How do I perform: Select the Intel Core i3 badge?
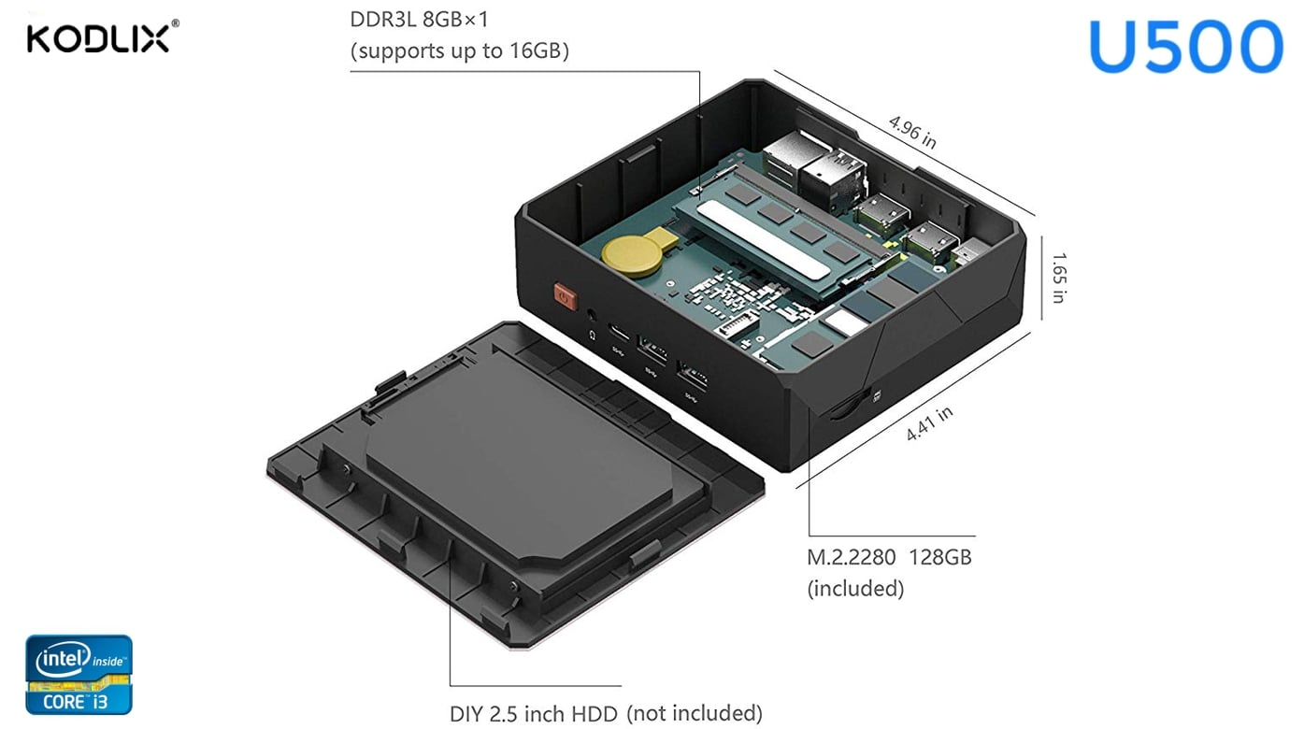(x=79, y=675)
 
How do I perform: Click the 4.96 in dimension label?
(x=912, y=131)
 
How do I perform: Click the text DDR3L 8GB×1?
(x=420, y=20)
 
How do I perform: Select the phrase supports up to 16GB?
(x=459, y=50)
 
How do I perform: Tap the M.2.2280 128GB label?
(x=889, y=558)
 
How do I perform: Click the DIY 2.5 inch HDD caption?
(x=534, y=714)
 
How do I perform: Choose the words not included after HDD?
(x=695, y=714)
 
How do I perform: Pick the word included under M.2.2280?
(x=855, y=589)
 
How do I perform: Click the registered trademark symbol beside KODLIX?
(x=175, y=25)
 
